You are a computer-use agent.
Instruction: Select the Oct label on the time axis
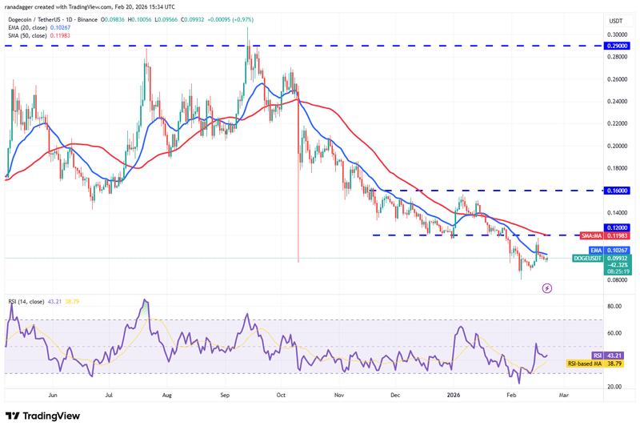click(x=280, y=395)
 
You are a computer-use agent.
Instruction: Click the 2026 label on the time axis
click(x=453, y=395)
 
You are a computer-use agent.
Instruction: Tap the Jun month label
click(x=53, y=395)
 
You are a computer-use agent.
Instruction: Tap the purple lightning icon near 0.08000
click(x=547, y=287)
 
